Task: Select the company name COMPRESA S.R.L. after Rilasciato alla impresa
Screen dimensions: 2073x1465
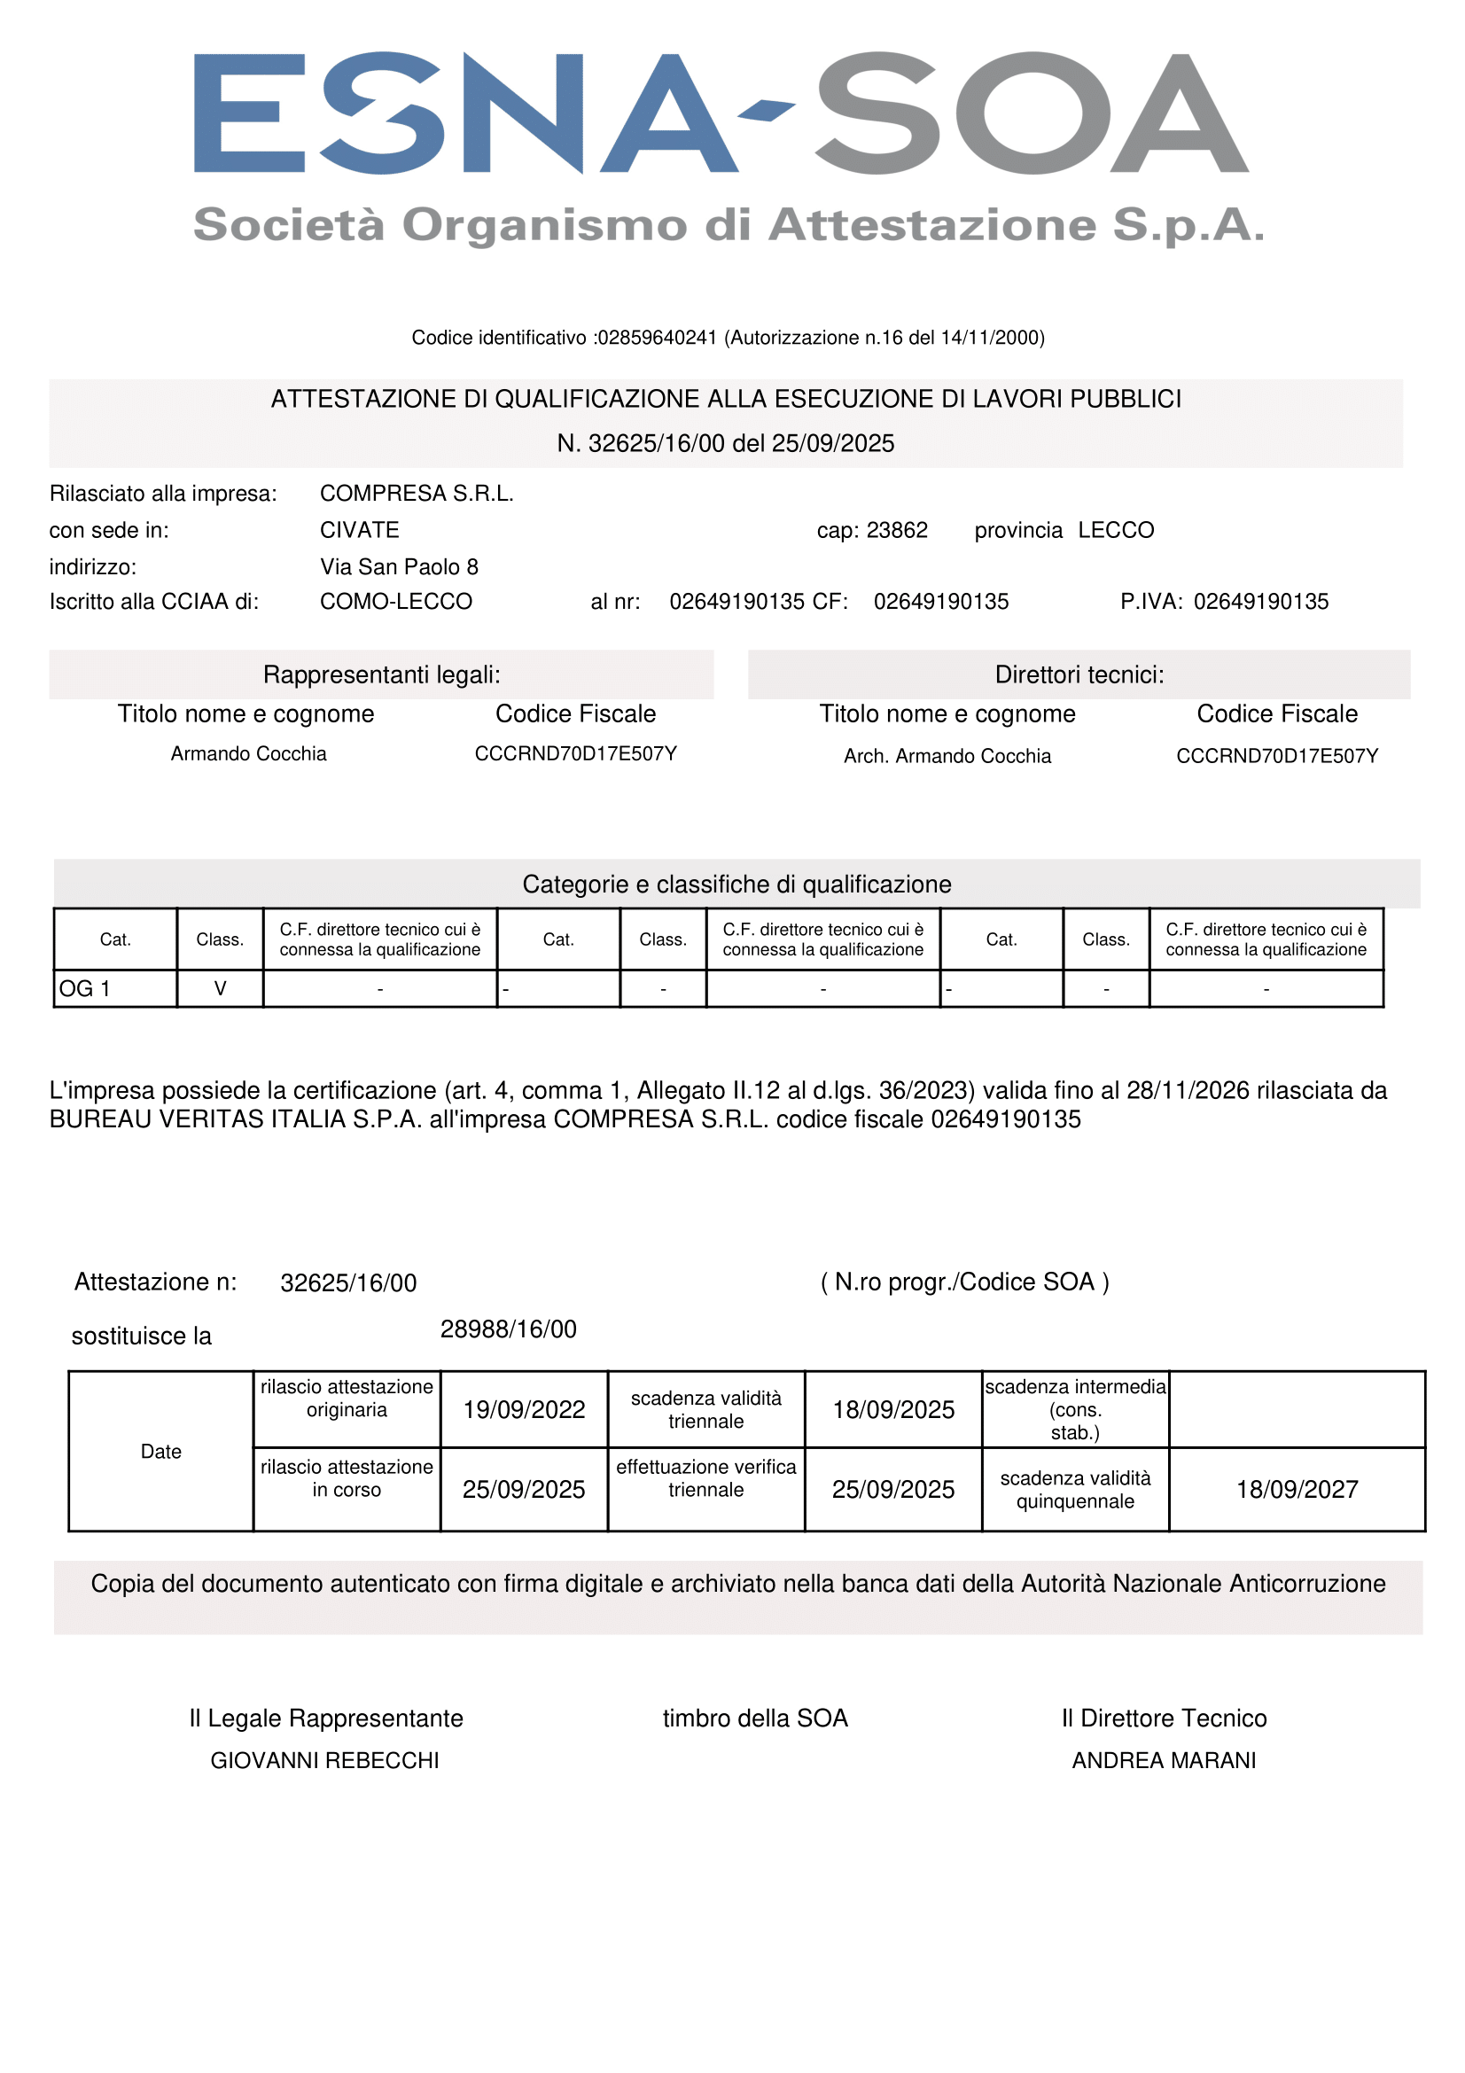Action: (x=417, y=494)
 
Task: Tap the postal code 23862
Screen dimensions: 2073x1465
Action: (x=896, y=530)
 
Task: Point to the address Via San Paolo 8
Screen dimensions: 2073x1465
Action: (x=399, y=567)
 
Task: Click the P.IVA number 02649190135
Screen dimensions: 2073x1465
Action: (x=1261, y=601)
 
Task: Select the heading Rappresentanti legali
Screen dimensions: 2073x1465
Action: (x=382, y=674)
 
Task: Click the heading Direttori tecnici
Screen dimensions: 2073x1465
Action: (x=1079, y=674)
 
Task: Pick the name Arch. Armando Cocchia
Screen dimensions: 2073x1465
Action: (x=947, y=756)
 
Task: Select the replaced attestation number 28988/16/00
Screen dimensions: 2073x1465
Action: (x=508, y=1329)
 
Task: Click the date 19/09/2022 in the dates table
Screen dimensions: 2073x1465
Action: (x=525, y=1410)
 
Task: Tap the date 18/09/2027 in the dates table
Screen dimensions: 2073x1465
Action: (x=1297, y=1490)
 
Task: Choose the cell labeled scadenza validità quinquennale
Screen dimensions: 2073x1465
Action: (x=1075, y=1490)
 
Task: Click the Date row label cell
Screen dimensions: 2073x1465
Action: (x=160, y=1452)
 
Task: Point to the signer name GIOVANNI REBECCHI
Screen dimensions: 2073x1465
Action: (x=325, y=1761)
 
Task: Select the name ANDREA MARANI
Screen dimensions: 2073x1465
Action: (x=1164, y=1761)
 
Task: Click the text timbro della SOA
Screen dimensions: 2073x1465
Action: (x=755, y=1718)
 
